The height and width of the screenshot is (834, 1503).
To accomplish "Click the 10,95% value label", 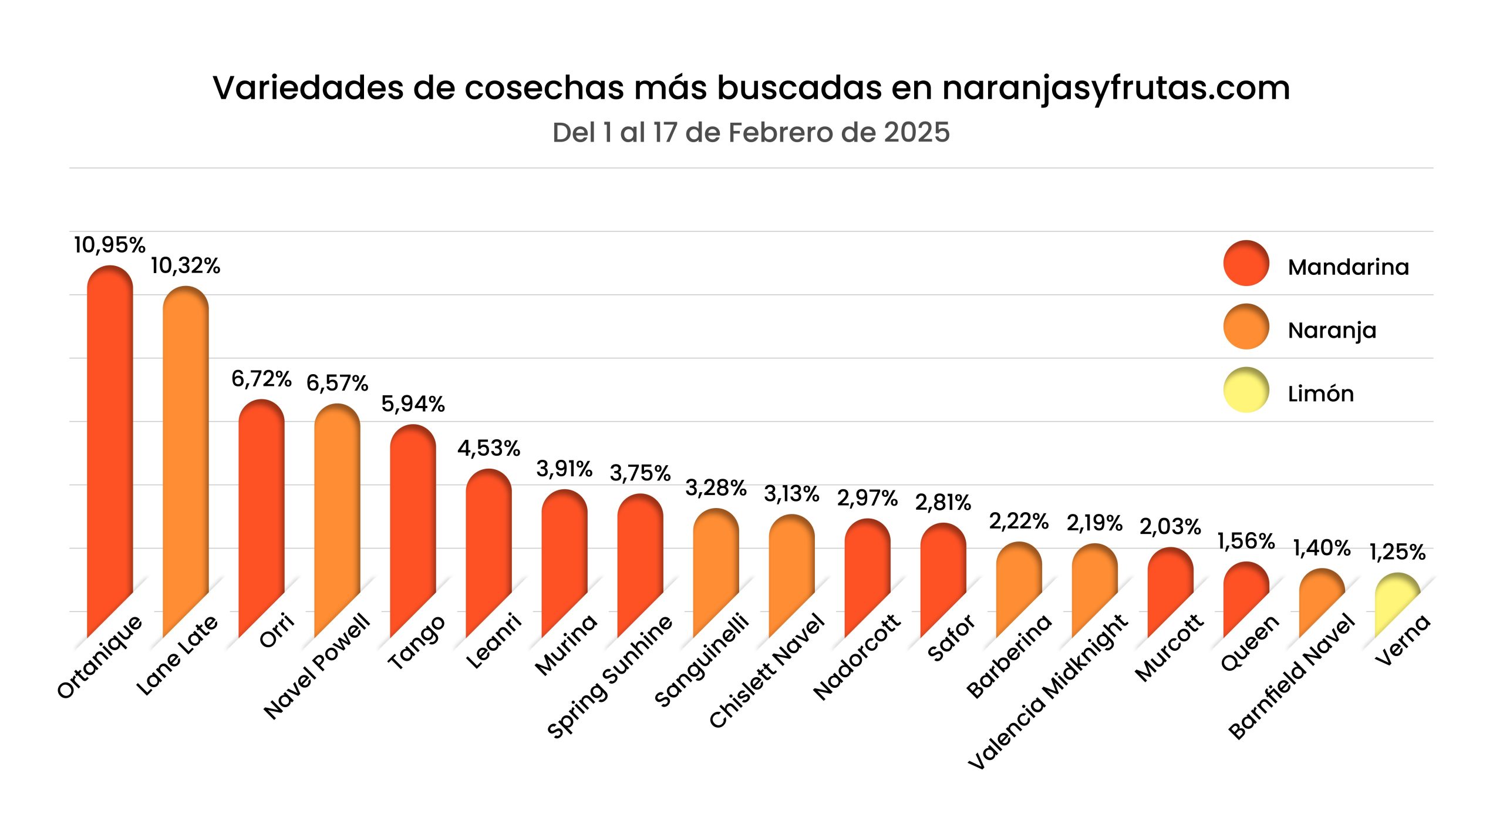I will point(110,245).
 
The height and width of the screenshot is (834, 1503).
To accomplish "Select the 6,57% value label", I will point(337,383).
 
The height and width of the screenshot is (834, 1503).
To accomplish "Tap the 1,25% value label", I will point(1397,552).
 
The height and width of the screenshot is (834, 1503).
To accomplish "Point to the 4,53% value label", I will point(488,448).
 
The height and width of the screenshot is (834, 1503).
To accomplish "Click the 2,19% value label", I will point(1094,523).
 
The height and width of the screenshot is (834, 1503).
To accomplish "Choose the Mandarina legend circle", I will point(1246,263).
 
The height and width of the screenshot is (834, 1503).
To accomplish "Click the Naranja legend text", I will point(1332,331).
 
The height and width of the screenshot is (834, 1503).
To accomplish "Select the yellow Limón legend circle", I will point(1246,390).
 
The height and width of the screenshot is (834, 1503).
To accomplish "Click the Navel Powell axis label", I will point(317,667).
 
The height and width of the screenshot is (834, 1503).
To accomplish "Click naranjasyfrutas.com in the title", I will point(1116,88).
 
